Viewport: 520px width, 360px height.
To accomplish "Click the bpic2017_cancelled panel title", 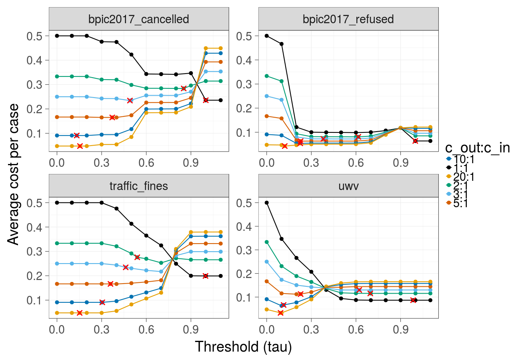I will (x=138, y=19).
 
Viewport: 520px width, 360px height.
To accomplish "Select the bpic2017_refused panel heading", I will (x=348, y=19).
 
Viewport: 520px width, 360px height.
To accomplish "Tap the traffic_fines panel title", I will (x=138, y=186).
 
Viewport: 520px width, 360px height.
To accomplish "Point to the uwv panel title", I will (x=348, y=186).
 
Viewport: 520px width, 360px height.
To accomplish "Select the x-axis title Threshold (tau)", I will (x=243, y=346).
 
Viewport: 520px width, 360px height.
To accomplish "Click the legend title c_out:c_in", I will (x=477, y=148).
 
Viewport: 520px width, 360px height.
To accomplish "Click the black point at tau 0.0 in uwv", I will (x=266, y=203).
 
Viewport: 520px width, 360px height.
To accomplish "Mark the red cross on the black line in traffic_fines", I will (x=206, y=276).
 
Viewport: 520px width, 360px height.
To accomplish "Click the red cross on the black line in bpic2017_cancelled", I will (x=206, y=100).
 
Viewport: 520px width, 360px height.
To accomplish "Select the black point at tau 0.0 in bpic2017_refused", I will (x=266, y=36).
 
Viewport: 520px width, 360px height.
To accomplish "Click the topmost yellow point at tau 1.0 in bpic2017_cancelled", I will (x=206, y=48).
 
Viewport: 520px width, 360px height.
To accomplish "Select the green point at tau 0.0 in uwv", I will (x=266, y=242).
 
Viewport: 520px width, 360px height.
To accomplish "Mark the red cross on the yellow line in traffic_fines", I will (x=80, y=313).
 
